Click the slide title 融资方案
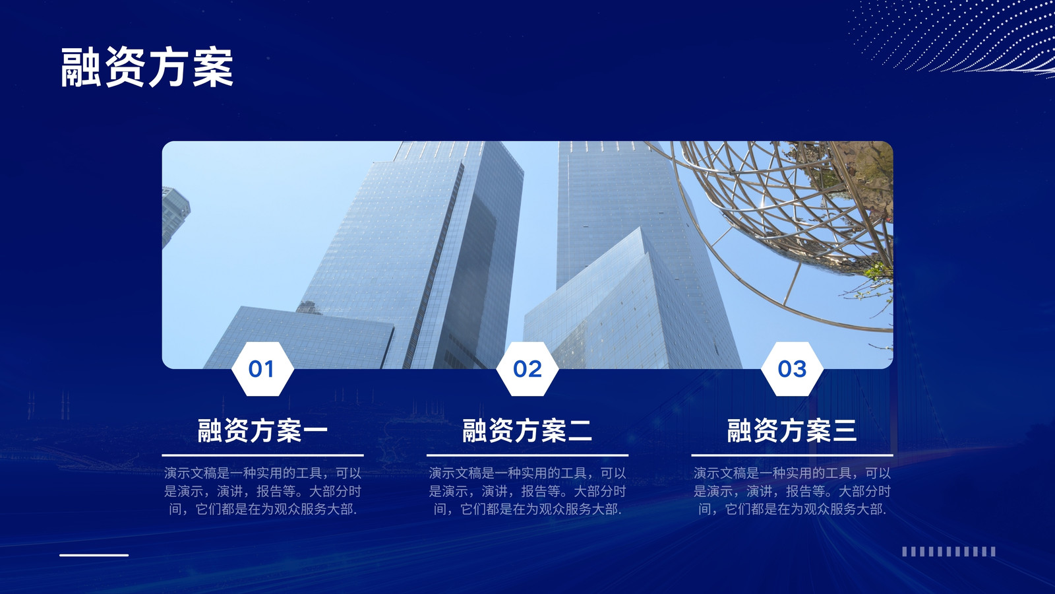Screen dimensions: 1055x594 147,67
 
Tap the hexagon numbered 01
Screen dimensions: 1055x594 262,369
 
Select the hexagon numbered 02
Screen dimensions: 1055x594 527,369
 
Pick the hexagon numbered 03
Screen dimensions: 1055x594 792,369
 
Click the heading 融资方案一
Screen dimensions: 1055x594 262,430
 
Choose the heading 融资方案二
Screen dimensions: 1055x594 527,430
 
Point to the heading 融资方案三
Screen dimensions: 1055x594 792,430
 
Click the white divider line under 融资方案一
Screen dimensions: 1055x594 263,455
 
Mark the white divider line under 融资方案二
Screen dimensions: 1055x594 527,455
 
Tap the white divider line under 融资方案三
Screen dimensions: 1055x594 792,455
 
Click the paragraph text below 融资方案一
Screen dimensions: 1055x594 263,491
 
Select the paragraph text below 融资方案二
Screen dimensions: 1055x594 527,491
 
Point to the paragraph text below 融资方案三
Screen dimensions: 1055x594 792,491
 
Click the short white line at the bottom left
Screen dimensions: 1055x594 94,555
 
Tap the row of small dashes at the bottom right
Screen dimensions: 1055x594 949,552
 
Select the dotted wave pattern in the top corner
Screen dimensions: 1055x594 956,38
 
